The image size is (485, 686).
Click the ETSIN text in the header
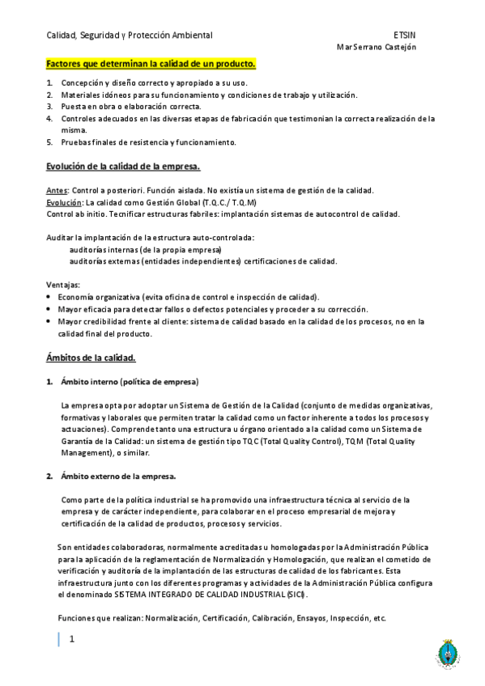(x=405, y=36)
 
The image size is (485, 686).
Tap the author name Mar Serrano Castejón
(x=376, y=47)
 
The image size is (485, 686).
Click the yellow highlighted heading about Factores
(x=151, y=64)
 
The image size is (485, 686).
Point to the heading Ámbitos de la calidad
(x=91, y=357)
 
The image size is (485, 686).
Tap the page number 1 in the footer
(x=72, y=639)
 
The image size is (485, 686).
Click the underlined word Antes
(x=57, y=190)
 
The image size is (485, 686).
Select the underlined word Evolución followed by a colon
(x=65, y=202)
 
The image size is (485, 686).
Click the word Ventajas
(x=62, y=285)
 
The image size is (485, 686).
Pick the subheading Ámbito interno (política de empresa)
(x=130, y=381)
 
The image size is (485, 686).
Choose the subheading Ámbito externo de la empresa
(x=118, y=476)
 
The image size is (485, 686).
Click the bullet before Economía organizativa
(x=50, y=297)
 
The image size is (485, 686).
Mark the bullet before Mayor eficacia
(x=50, y=309)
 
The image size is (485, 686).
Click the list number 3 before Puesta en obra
(x=50, y=107)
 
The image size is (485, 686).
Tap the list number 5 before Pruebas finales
(x=50, y=142)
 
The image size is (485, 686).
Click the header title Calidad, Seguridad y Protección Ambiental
(x=130, y=36)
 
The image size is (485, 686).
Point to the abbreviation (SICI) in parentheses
(x=296, y=595)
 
